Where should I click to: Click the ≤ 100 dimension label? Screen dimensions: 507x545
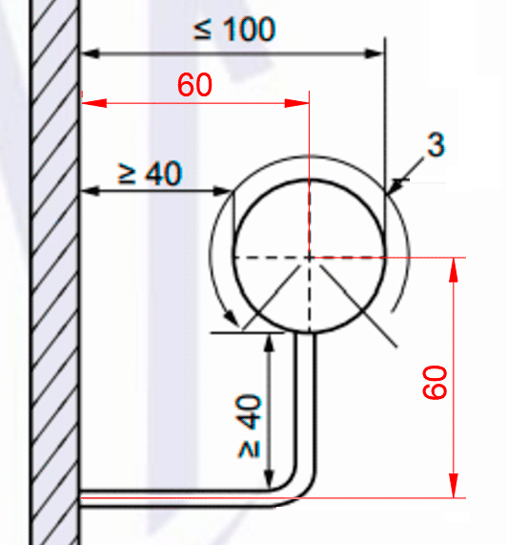tap(234, 30)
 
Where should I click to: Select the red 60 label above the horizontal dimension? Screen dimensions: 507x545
tap(194, 85)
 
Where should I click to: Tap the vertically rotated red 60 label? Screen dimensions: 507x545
tap(436, 382)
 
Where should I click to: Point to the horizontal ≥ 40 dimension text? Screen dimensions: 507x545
tap(150, 173)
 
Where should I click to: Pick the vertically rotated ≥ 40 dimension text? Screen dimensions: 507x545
tap(249, 426)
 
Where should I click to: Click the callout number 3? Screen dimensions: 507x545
tap(436, 144)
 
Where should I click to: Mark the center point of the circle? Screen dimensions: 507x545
tap(309, 258)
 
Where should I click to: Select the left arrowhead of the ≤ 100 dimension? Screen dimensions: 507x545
tap(91, 53)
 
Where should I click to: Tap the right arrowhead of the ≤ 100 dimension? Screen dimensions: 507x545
tap(375, 53)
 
